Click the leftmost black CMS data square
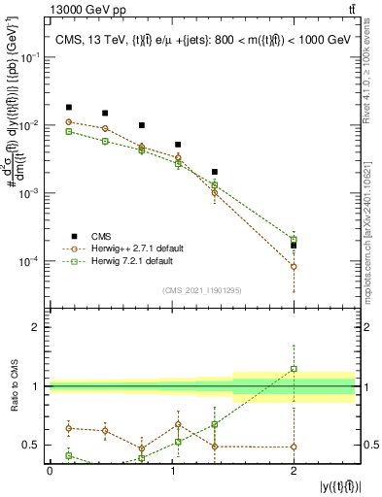pos(68,107)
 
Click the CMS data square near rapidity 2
pos(294,246)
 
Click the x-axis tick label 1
pos(172,471)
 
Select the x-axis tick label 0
pos(50,471)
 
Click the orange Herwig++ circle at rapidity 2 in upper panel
pos(294,266)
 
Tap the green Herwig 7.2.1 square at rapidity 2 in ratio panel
pos(294,369)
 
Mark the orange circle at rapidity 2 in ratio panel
pos(294,447)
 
